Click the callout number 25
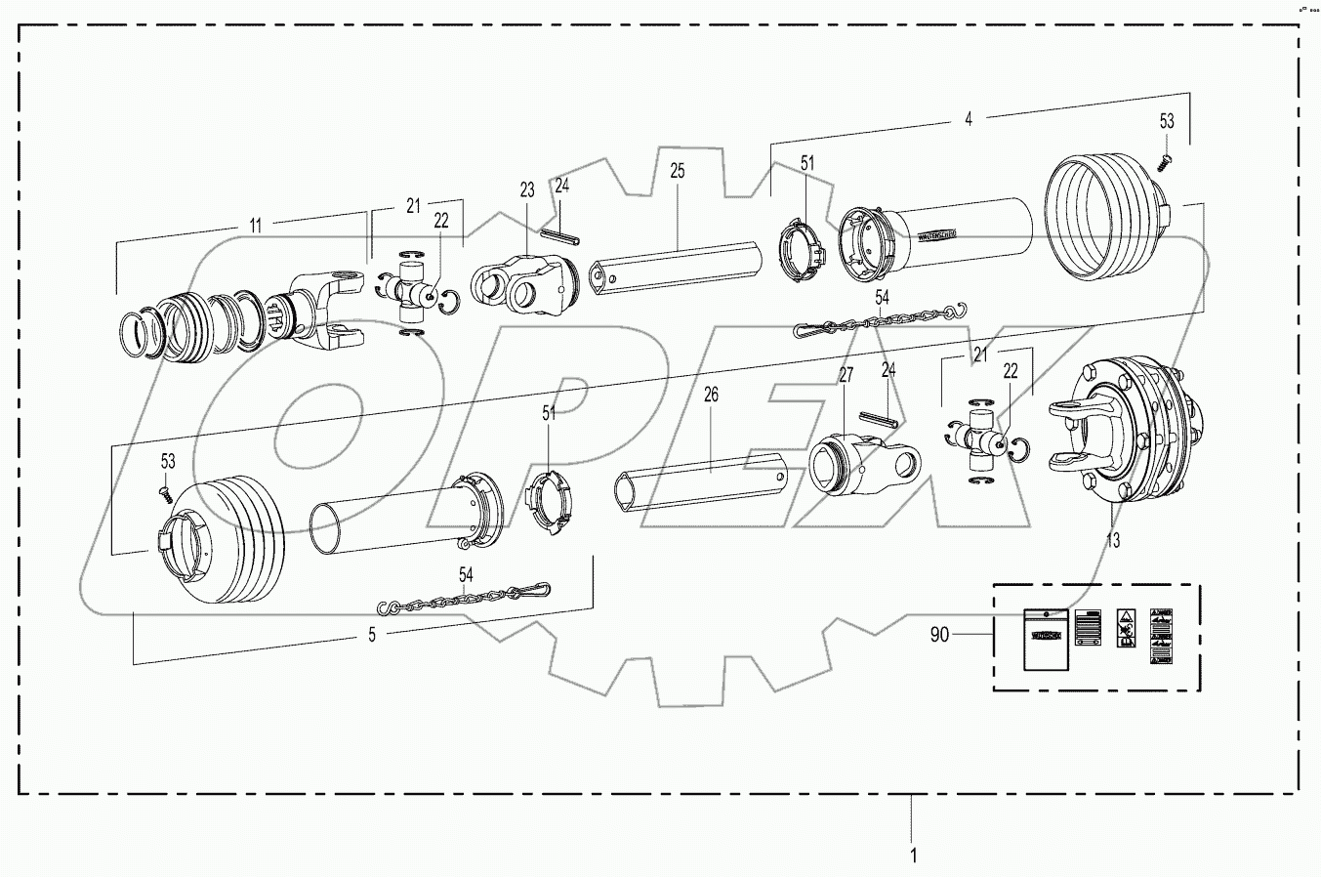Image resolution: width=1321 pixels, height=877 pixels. point(678,171)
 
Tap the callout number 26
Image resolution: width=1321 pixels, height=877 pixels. point(710,395)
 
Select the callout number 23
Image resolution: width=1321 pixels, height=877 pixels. point(527,189)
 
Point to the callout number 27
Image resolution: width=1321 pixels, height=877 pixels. point(846,375)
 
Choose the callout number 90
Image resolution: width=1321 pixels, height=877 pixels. point(938,635)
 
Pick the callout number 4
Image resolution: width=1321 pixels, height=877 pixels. point(968,118)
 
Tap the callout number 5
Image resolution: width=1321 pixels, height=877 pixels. point(371,635)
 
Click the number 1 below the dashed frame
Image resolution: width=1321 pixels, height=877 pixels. point(913,856)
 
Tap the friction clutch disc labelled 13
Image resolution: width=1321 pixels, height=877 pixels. point(1133,430)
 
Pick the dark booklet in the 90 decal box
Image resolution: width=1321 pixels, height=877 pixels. point(1044,639)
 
